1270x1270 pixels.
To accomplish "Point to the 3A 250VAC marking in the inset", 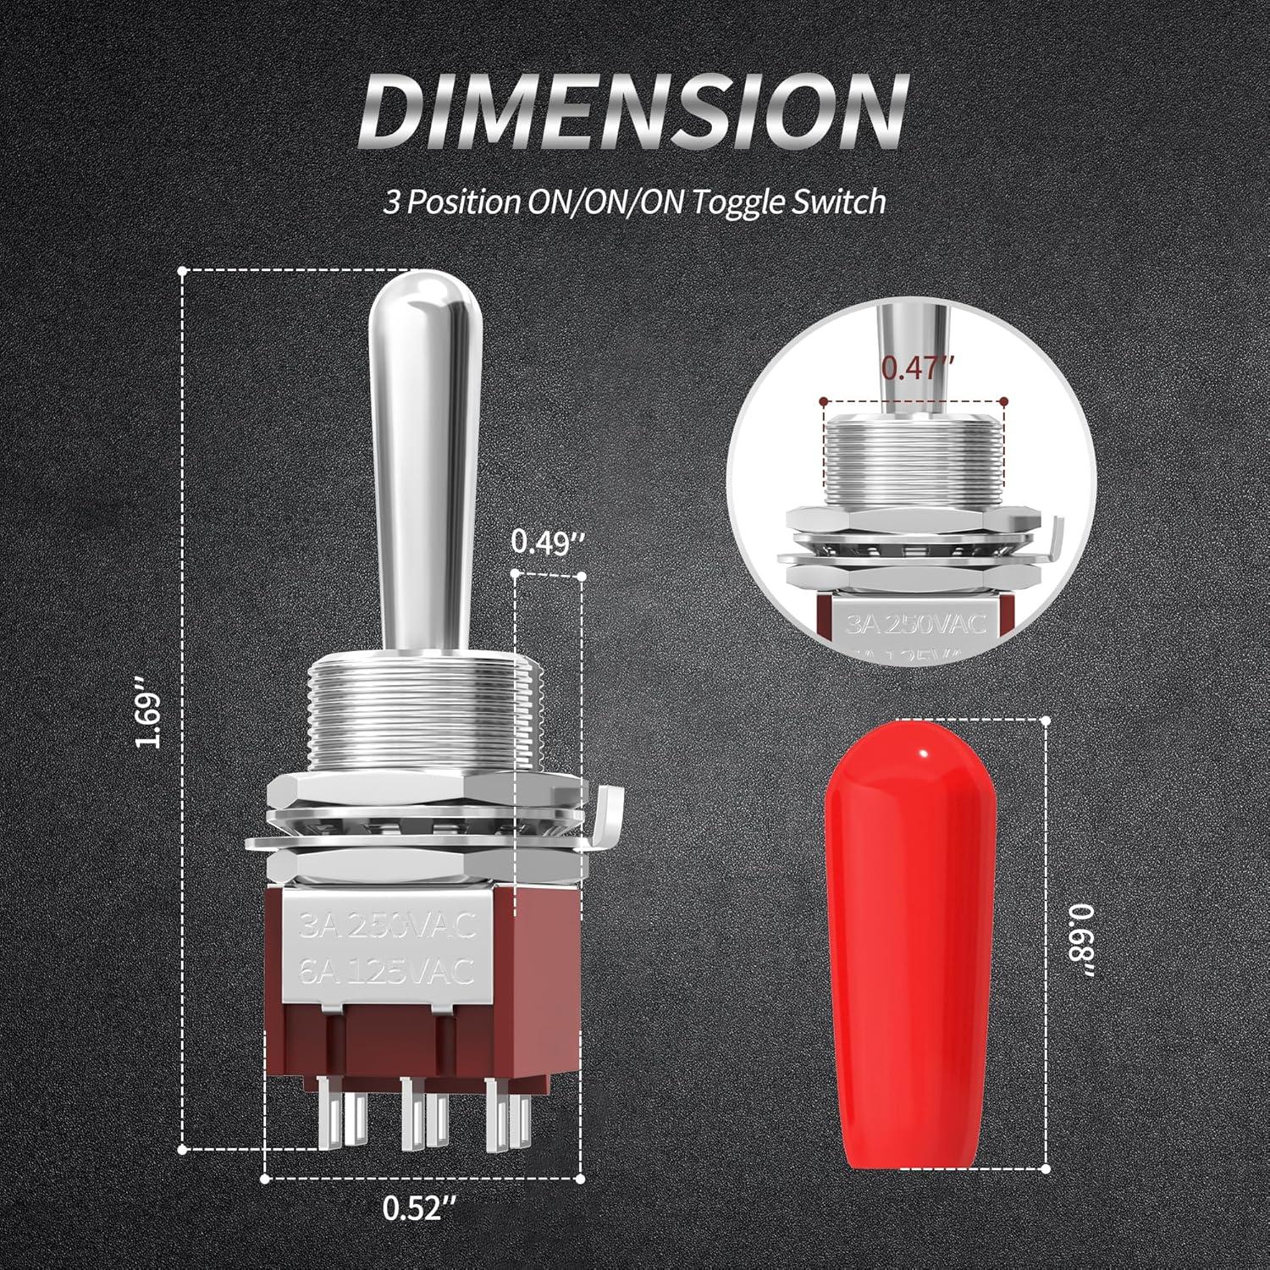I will pos(913,626).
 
